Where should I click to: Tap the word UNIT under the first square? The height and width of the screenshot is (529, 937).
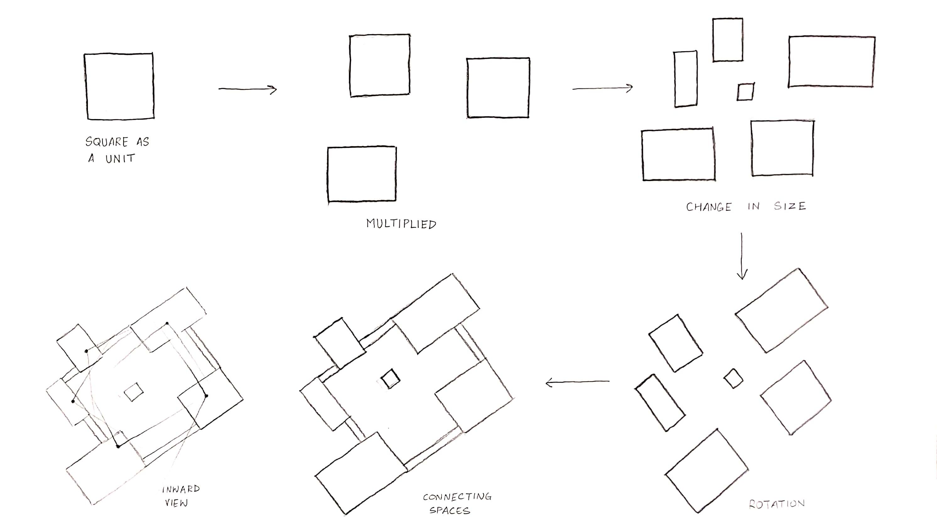coord(120,159)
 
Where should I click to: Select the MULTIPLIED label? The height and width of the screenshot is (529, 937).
coord(401,224)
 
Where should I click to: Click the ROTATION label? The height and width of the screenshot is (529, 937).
coord(777,504)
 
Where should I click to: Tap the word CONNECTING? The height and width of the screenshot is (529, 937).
coord(457,497)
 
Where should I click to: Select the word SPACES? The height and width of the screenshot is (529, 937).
coord(450,510)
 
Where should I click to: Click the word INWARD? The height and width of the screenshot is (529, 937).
coord(181,489)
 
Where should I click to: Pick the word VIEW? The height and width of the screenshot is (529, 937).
coord(176,503)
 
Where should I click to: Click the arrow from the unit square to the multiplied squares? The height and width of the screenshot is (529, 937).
coord(247,89)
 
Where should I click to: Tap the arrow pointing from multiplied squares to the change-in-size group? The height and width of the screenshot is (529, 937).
coord(602,88)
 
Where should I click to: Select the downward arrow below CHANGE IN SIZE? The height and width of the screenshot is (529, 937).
coord(742,256)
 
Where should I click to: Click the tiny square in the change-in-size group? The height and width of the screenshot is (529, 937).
coord(746,92)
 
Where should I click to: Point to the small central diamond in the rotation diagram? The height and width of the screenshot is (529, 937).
coord(733,379)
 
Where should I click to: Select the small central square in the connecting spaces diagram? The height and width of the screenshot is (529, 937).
coord(390,379)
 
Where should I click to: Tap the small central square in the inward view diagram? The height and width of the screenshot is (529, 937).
coord(133,392)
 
